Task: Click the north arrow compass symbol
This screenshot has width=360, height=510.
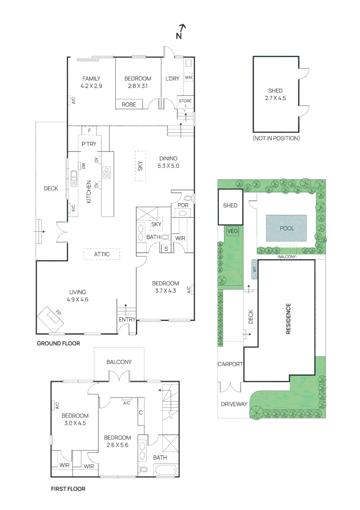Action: click(181, 32)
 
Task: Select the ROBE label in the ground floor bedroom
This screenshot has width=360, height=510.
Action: click(129, 104)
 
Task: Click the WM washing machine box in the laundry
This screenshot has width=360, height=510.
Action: click(188, 77)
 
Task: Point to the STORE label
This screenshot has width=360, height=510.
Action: click(185, 101)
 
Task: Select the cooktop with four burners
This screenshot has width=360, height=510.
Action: click(107, 173)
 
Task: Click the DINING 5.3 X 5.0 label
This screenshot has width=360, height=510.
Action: click(168, 162)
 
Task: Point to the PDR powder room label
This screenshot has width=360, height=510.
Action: click(183, 205)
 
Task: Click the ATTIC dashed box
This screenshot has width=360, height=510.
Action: click(102, 254)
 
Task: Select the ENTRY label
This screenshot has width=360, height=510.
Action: click(127, 320)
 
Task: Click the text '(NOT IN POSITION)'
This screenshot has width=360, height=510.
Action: click(276, 138)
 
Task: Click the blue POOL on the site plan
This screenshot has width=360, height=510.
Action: click(286, 228)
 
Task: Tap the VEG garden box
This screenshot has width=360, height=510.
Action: click(233, 231)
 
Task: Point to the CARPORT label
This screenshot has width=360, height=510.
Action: click(230, 364)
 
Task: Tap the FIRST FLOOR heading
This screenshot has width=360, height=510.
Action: click(68, 489)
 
